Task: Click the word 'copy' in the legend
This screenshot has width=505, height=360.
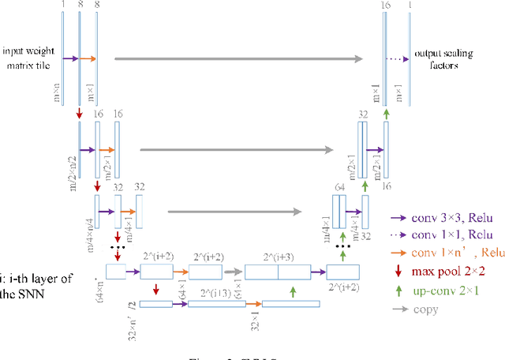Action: [x=427, y=309]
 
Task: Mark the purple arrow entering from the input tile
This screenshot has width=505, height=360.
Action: [x=70, y=58]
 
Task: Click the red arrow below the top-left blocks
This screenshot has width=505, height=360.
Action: [x=80, y=116]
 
